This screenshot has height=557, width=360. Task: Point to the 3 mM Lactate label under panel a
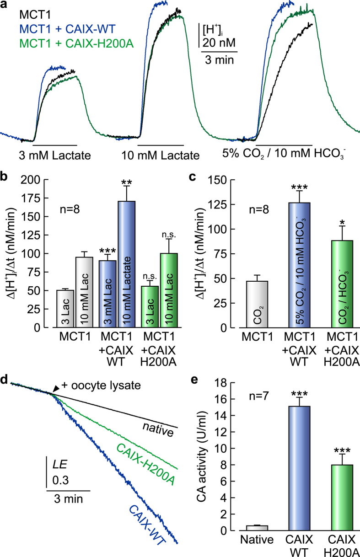click(54, 155)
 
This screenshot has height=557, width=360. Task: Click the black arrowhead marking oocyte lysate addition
click(55, 388)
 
